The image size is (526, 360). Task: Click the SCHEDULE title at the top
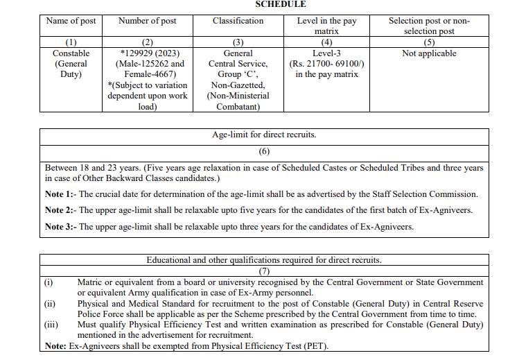tap(281, 4)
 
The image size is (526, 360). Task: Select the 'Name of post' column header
tap(71, 21)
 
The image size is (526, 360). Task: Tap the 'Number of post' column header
tap(147, 21)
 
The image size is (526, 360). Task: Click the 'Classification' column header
tap(238, 21)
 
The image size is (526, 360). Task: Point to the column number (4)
tap(326, 42)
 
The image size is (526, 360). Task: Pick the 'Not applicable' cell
tap(429, 53)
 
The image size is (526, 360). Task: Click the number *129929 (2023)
tap(147, 53)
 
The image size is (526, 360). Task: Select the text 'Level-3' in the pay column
tap(326, 53)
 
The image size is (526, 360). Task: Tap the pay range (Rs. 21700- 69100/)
tap(326, 64)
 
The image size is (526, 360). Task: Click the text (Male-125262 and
tap(147, 64)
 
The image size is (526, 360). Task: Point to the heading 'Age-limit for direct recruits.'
tap(264, 135)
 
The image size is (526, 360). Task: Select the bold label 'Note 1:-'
tap(60, 194)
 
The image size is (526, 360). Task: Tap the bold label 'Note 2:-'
tap(60, 209)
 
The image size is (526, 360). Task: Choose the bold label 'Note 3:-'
tap(60, 226)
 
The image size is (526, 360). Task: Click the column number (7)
tap(264, 271)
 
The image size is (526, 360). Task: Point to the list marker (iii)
tap(50, 325)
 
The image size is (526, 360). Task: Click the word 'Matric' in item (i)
tap(90, 282)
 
